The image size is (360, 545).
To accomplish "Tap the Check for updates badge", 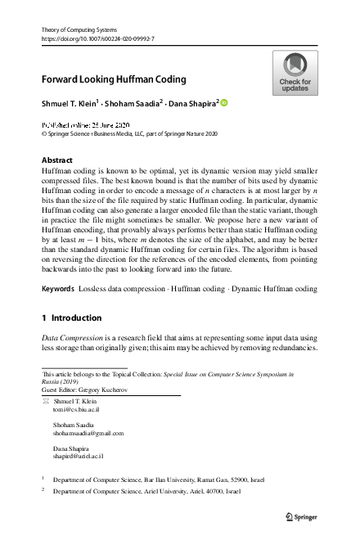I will pos(295,73).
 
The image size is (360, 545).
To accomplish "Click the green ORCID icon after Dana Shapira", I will pos(224,103).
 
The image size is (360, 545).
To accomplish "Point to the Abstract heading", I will pos(56,160).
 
